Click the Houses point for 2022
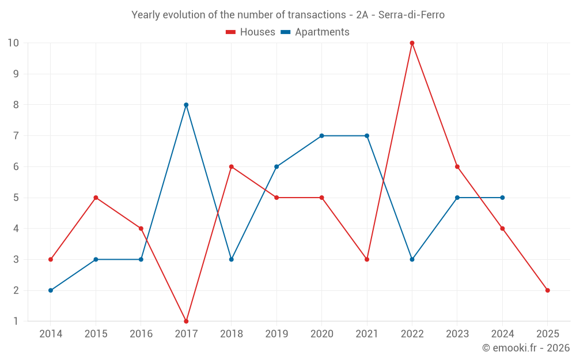(412, 43)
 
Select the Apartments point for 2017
(186, 105)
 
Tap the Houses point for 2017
(186, 321)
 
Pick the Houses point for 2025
(547, 290)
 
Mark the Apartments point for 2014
(51, 290)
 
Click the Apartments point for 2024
(502, 198)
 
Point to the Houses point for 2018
(231, 167)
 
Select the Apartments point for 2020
(321, 136)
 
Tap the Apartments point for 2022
(412, 259)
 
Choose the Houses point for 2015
(96, 198)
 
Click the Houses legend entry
(251, 32)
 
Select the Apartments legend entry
(315, 32)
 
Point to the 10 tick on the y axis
(13, 43)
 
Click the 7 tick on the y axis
(16, 136)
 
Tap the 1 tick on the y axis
(16, 321)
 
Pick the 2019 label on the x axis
(276, 334)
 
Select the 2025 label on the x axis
(547, 334)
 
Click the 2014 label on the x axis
(51, 334)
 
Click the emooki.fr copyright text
(526, 348)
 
